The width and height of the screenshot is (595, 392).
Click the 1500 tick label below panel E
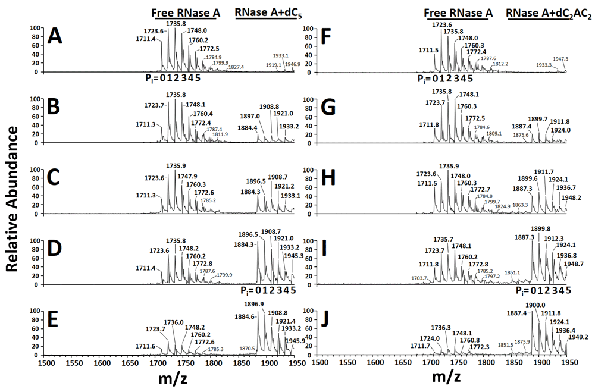pyautogui.click(x=45, y=362)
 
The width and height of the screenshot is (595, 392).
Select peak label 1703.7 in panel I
pyautogui.click(x=418, y=277)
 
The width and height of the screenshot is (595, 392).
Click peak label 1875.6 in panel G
pyautogui.click(x=521, y=135)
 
